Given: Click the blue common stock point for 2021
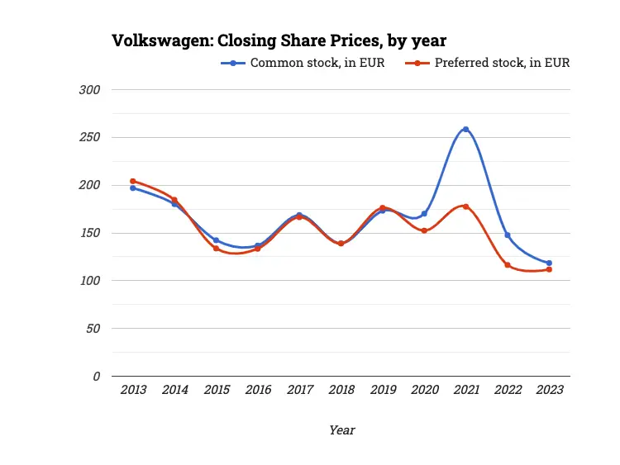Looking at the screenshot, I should [465, 129].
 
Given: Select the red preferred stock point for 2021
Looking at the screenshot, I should [465, 206].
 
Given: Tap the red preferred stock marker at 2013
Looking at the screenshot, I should [133, 181].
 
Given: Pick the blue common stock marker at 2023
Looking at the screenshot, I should [549, 263].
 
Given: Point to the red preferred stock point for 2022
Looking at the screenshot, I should [508, 265].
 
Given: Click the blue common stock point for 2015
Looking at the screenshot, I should [217, 240].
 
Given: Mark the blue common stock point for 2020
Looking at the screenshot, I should [424, 214].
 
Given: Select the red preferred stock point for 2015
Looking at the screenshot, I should [217, 248].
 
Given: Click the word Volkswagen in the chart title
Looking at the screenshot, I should [162, 40].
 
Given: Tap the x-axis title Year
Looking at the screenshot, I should [341, 429].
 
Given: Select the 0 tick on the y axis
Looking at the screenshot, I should [96, 376].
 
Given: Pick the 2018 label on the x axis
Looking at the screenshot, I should [341, 390].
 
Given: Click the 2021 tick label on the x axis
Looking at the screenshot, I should [465, 390].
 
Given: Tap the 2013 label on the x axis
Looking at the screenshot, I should [133, 390].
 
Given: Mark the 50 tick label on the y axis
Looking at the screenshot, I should [93, 328].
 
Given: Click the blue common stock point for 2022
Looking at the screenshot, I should [508, 235].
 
